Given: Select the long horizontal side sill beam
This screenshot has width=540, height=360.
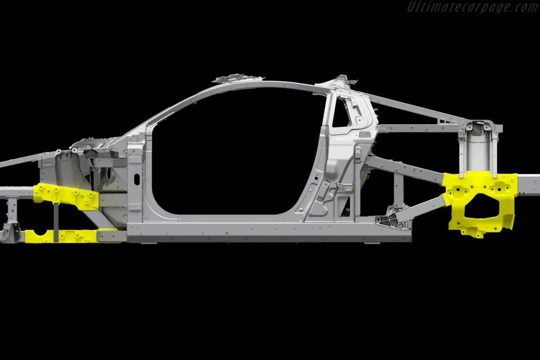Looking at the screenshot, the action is coord(268,229).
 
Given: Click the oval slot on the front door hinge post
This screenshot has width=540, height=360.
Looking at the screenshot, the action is coord(137,179).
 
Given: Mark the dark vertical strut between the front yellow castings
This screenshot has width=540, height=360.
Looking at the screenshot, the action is coord(56,222).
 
